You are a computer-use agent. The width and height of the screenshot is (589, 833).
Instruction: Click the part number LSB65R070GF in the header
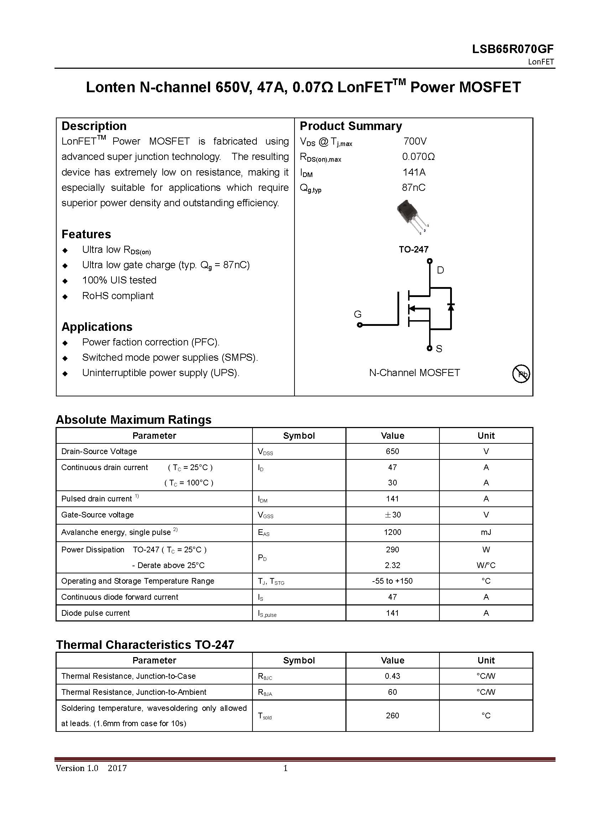point(512,49)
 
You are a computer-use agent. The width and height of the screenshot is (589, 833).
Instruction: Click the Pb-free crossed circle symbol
point(521,374)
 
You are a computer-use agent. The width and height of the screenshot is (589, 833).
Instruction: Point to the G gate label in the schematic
point(358,314)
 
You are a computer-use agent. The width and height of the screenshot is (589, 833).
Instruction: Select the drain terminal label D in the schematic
point(440,270)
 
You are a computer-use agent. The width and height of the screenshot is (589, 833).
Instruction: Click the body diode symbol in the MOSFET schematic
point(451,307)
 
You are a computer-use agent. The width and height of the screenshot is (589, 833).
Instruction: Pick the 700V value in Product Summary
point(415,141)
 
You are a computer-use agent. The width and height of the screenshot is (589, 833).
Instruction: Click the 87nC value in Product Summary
point(413,188)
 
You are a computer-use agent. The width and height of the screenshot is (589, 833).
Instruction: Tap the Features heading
point(86,234)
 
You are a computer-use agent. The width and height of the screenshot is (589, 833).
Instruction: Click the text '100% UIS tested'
point(119,280)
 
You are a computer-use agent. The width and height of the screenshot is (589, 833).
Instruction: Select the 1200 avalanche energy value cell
point(392,532)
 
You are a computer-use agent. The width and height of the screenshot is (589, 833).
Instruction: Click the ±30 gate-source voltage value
point(392,515)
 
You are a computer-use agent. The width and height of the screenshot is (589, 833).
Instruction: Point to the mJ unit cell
point(486,532)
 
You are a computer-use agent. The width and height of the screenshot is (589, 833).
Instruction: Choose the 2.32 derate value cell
point(392,565)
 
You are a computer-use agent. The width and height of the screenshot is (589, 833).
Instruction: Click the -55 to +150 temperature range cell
point(392,581)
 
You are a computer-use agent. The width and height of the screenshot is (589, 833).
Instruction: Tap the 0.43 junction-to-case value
point(392,676)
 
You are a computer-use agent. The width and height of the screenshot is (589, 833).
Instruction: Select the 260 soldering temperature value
point(392,715)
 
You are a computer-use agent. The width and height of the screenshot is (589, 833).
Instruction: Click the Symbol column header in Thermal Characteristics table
point(299,660)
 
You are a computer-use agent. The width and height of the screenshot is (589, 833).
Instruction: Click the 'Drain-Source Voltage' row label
point(99,451)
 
